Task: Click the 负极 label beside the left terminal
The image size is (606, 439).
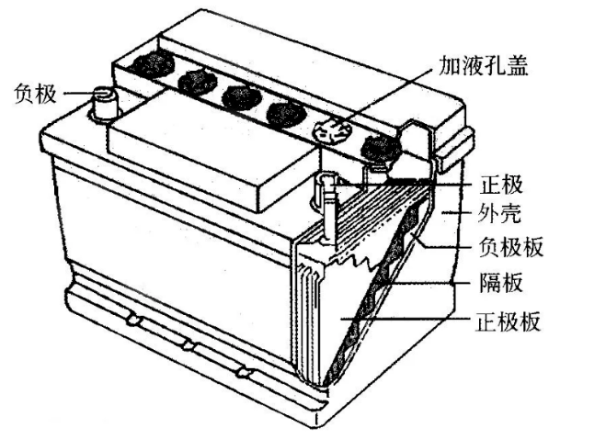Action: (x=36, y=94)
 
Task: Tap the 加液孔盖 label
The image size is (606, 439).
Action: (x=484, y=65)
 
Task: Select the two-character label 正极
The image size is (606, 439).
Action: (x=501, y=185)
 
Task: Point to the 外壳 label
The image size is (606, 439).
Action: (x=499, y=212)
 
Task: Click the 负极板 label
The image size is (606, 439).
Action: (x=511, y=246)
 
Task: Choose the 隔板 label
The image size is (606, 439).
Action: (x=501, y=283)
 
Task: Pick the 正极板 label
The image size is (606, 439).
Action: (x=508, y=321)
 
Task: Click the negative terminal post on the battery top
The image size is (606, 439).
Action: (x=104, y=103)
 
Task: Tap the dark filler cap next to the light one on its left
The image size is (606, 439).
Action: (x=286, y=114)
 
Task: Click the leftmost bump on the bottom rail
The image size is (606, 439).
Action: (x=133, y=320)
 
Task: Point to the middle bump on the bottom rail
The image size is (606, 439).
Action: (x=188, y=344)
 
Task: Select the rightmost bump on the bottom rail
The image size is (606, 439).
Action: (x=243, y=372)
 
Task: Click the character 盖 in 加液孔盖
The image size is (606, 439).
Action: (x=517, y=65)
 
